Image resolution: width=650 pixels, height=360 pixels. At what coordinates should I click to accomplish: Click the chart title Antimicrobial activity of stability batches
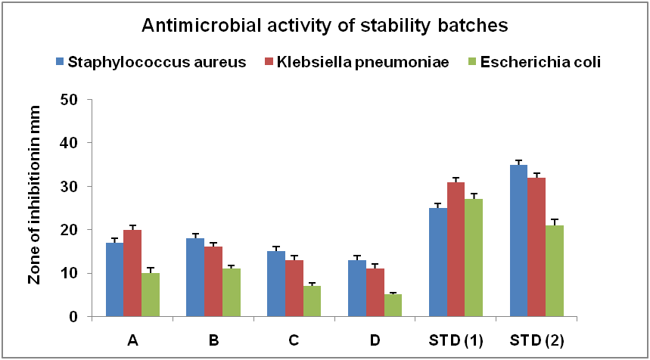pyautogui.click(x=325, y=26)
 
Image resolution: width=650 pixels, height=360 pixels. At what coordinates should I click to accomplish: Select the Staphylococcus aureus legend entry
pyautogui.click(x=151, y=62)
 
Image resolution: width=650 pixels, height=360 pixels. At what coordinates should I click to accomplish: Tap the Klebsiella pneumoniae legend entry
pyautogui.click(x=357, y=62)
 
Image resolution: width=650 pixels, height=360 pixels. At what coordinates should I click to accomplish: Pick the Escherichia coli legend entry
pyautogui.click(x=535, y=62)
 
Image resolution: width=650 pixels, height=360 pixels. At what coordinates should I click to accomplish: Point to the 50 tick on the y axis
pyautogui.click(x=69, y=99)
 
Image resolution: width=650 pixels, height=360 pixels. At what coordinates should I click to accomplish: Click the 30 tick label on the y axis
pyautogui.click(x=69, y=186)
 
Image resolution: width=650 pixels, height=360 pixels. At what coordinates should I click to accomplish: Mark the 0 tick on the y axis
pyautogui.click(x=73, y=316)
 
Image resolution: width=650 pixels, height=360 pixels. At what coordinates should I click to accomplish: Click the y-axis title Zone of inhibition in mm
pyautogui.click(x=34, y=194)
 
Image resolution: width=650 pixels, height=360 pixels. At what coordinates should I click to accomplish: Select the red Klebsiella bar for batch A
pyautogui.click(x=132, y=274)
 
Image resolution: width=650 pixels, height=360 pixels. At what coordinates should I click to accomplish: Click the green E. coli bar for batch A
pyautogui.click(x=151, y=295)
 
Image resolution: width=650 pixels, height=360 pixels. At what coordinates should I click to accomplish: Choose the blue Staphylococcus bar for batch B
pyautogui.click(x=195, y=278)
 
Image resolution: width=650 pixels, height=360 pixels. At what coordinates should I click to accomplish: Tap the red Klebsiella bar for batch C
pyautogui.click(x=294, y=288)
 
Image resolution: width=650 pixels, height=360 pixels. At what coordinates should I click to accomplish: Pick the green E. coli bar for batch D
pyautogui.click(x=393, y=306)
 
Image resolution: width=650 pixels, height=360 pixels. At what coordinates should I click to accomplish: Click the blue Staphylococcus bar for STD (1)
pyautogui.click(x=438, y=262)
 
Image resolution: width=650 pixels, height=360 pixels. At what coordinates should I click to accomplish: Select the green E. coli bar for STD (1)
pyautogui.click(x=474, y=258)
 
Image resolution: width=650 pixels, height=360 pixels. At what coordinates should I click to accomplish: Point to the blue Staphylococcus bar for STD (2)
pyautogui.click(x=518, y=241)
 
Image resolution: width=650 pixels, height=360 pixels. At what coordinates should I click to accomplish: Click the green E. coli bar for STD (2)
pyautogui.click(x=555, y=271)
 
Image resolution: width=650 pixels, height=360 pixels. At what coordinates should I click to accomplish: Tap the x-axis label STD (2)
pyautogui.click(x=536, y=340)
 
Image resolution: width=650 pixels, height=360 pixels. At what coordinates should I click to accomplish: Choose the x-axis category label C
pyautogui.click(x=294, y=340)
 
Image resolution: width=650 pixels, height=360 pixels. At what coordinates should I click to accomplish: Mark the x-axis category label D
pyautogui.click(x=375, y=340)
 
